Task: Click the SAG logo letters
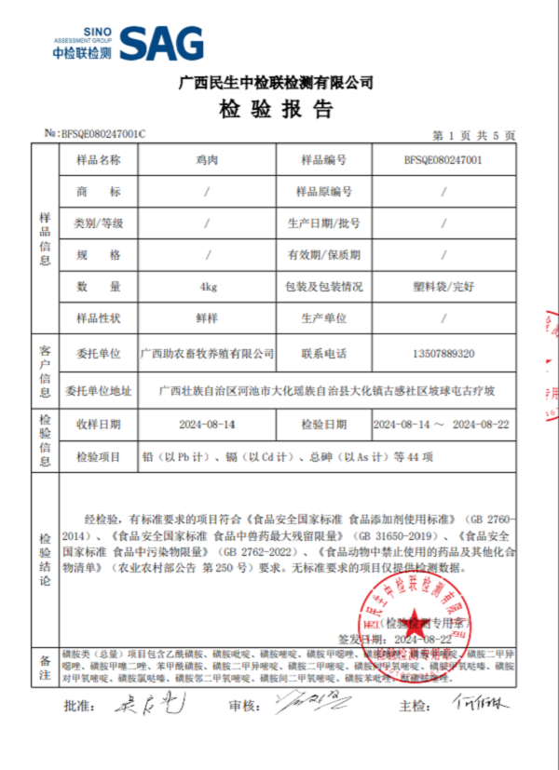coord(161,42)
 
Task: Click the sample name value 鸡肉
coord(208,159)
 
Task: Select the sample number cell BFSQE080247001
coord(443,159)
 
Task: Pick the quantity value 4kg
coord(208,286)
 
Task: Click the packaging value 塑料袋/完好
coord(443,286)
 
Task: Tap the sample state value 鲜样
coord(208,317)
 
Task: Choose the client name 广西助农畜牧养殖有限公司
coord(208,354)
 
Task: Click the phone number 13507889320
coord(443,354)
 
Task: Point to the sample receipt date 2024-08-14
coord(208,424)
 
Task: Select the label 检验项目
coord(98,456)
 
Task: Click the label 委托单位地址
coord(98,389)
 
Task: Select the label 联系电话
coord(323,354)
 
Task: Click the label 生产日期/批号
coord(323,223)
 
